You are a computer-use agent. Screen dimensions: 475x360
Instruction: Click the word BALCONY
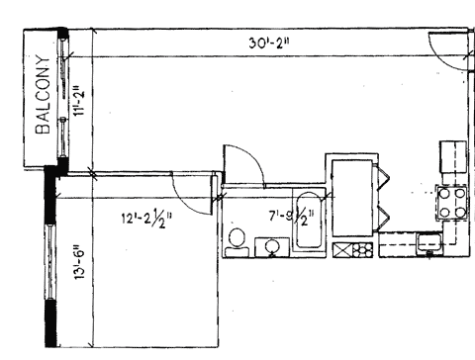point(44,95)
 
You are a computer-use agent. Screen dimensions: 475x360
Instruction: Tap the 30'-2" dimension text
point(269,43)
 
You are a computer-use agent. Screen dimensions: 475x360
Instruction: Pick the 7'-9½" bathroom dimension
point(292,217)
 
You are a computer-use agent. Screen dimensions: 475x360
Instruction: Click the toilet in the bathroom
point(237,242)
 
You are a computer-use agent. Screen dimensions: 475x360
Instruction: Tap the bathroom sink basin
point(272,246)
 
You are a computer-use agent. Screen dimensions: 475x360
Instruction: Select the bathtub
point(309,220)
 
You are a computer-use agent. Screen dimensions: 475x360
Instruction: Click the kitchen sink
point(429,243)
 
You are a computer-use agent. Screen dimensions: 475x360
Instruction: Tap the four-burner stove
point(452,203)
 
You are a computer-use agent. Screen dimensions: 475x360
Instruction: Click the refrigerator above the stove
point(453,157)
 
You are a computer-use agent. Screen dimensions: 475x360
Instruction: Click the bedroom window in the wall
point(50,262)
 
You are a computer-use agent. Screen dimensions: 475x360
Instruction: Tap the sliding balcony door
point(62,98)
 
